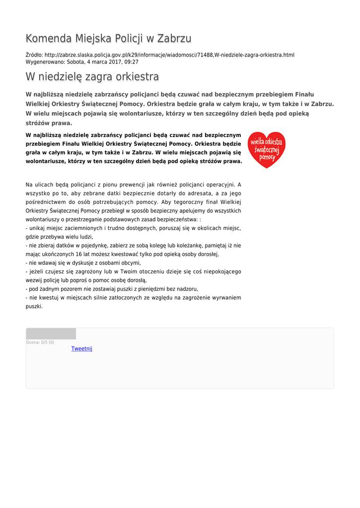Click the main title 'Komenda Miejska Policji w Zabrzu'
[x=108, y=39]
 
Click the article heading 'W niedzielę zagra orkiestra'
[x=92, y=77]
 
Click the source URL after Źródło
[x=169, y=55]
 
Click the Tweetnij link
[x=82, y=349]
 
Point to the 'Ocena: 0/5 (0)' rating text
[x=40, y=342]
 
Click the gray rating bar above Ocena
[x=51, y=334]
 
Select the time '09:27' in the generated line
[x=132, y=62]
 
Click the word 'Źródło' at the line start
[x=34, y=55]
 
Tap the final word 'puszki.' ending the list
[x=34, y=306]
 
